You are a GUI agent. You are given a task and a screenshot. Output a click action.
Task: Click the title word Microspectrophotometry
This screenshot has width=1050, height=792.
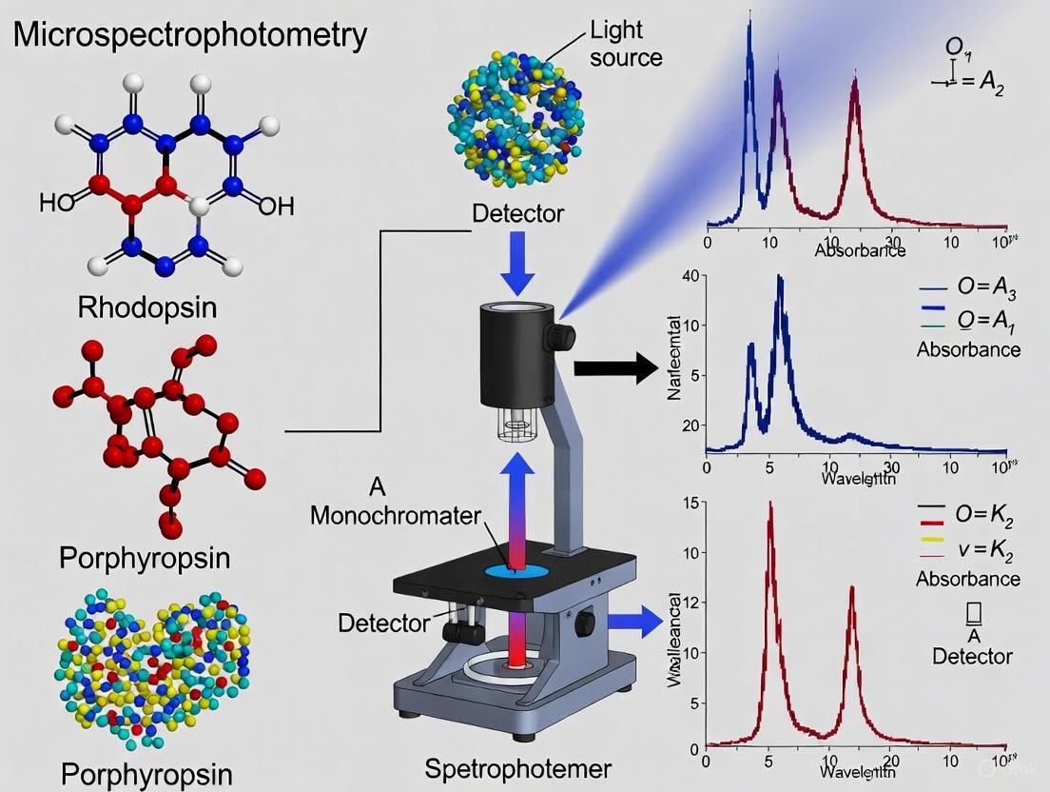[190, 36]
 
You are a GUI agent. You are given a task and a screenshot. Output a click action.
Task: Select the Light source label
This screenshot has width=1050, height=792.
[625, 42]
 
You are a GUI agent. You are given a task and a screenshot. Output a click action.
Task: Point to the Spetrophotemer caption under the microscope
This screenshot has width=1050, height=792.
[516, 768]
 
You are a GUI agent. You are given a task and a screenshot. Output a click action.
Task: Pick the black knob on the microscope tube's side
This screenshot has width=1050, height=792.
[564, 336]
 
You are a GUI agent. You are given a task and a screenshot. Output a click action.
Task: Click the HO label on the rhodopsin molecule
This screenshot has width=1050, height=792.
[56, 203]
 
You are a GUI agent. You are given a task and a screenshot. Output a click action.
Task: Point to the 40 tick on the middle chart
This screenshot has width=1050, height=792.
[690, 277]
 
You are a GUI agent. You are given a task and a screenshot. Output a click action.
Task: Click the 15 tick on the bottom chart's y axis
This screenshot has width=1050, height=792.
[690, 503]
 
